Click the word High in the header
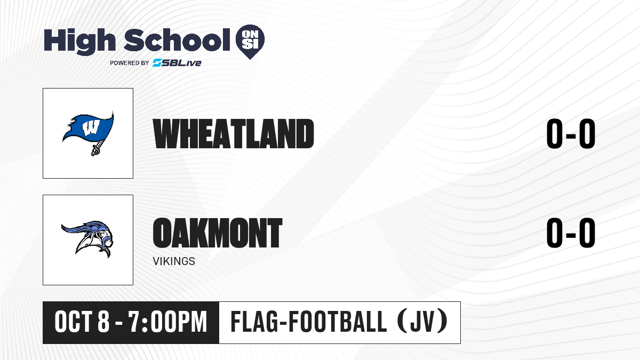click(x=79, y=42)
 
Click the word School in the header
click(x=177, y=40)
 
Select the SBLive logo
click(x=177, y=62)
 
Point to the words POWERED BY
click(x=130, y=63)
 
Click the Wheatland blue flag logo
click(x=88, y=133)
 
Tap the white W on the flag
click(x=91, y=127)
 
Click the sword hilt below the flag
click(x=95, y=149)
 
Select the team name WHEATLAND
click(x=234, y=134)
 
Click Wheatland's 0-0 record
click(x=571, y=134)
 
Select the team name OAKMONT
click(x=218, y=233)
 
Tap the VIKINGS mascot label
click(x=174, y=261)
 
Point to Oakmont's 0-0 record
click(x=571, y=233)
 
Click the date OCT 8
click(x=82, y=322)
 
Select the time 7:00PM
click(x=167, y=322)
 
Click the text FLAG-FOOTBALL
click(x=309, y=322)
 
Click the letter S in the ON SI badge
click(x=246, y=44)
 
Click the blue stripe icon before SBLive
click(x=157, y=62)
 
